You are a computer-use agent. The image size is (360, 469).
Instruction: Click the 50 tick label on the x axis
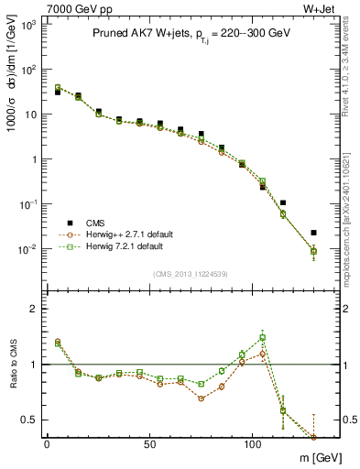tap(148, 443)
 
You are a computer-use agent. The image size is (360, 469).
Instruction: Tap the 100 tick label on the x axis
tap(252, 443)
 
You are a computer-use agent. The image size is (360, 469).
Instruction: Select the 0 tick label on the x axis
tap(47, 443)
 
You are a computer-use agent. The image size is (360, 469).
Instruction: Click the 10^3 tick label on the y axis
tap(29, 26)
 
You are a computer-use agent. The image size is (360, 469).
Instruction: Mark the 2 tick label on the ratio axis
tap(34, 309)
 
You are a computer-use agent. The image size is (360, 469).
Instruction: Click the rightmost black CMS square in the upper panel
tap(314, 233)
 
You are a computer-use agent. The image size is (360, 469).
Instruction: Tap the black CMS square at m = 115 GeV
tap(283, 202)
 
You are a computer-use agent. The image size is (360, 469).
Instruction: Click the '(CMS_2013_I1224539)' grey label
tap(191, 274)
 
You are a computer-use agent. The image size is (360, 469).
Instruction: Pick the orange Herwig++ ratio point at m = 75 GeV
tap(202, 398)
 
